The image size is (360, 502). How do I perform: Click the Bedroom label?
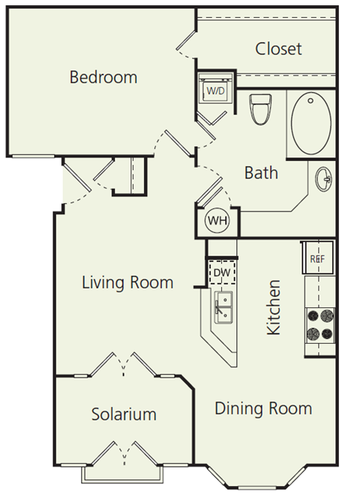click(103, 76)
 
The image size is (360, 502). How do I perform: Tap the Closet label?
click(278, 49)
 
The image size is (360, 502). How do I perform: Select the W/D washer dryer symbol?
click(215, 91)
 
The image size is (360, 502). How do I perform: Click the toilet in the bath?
click(259, 110)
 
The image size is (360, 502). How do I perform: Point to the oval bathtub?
click(311, 121)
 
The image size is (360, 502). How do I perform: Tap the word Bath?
click(261, 172)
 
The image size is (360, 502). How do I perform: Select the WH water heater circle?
click(217, 220)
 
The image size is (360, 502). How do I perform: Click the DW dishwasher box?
click(220, 271)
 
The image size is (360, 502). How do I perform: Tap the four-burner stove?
click(319, 323)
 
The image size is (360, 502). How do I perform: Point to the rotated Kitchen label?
click(274, 308)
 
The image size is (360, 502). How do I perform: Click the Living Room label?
click(127, 282)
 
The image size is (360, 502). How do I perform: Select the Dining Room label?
click(263, 408)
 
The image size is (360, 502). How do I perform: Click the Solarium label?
click(124, 414)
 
